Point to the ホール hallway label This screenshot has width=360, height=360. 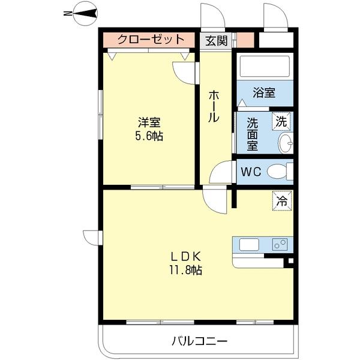214,106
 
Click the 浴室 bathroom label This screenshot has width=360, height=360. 264,93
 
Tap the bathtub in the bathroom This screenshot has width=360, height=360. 264,67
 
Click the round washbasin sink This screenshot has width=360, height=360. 286,143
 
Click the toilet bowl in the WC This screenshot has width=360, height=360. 277,172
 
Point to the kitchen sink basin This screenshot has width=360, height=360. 250,245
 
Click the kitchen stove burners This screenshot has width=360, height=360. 280,244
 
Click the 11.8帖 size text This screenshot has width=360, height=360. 186,270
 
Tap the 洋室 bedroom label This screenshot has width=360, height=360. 149,122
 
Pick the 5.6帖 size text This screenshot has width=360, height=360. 149,136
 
